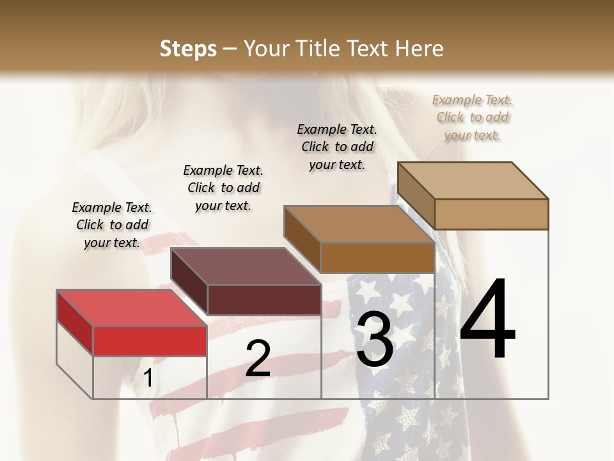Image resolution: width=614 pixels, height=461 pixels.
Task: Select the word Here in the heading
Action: pyautogui.click(x=420, y=49)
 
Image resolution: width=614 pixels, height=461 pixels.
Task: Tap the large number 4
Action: pyautogui.click(x=487, y=320)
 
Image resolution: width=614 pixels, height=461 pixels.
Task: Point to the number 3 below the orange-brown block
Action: pyautogui.click(x=375, y=339)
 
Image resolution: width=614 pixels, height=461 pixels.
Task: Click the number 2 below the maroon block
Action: pyautogui.click(x=258, y=359)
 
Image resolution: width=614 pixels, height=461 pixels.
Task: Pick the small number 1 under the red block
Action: pyautogui.click(x=148, y=378)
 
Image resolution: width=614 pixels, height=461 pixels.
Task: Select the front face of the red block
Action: pyautogui.click(x=150, y=341)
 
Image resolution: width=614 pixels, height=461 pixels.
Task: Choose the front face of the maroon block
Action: pyautogui.click(x=264, y=300)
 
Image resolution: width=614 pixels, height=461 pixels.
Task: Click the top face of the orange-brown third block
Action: pyautogui.click(x=359, y=224)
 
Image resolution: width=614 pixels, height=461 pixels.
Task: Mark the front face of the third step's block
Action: pyautogui.click(x=377, y=257)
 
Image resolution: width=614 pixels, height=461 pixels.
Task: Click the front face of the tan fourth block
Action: pyautogui.click(x=491, y=214)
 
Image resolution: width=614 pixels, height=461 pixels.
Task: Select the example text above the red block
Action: pyautogui.click(x=112, y=225)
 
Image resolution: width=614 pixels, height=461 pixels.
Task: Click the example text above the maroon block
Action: pyautogui.click(x=223, y=188)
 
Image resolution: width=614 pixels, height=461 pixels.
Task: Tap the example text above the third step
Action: pyautogui.click(x=337, y=147)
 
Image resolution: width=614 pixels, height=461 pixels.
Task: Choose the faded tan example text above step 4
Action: pyautogui.click(x=473, y=117)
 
